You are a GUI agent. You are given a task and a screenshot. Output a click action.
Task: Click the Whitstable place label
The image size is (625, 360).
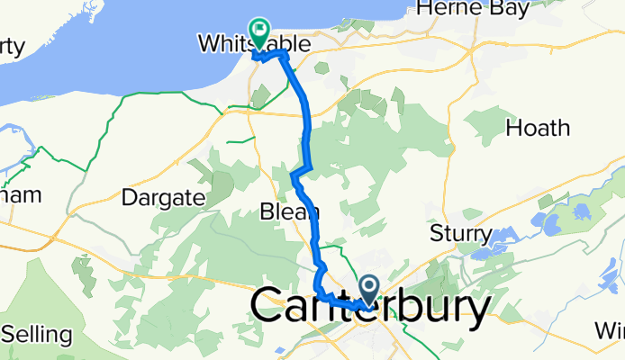tap(254, 44)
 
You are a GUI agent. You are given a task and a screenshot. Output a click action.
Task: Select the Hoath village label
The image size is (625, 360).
tap(538, 129)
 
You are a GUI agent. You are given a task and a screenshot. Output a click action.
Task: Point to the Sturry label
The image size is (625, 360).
tap(460, 236)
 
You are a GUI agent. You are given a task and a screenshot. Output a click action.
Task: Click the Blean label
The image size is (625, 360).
tap(289, 212)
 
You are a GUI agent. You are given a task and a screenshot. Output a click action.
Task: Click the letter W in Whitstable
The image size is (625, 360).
tap(209, 44)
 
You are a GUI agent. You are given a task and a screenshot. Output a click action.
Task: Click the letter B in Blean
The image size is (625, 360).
tap(267, 212)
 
